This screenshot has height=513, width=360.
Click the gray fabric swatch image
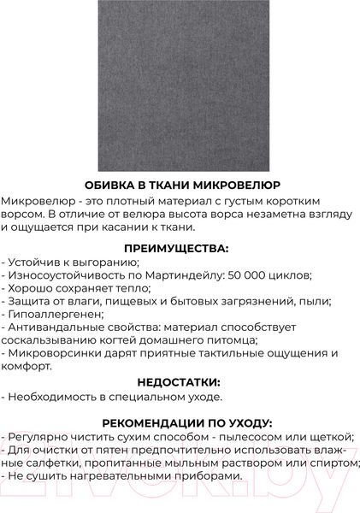[x=180, y=85]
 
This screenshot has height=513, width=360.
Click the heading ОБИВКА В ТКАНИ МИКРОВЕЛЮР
[x=180, y=185]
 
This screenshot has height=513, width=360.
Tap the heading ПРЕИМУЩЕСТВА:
[x=180, y=248]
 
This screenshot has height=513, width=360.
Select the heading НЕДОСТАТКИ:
[x=180, y=382]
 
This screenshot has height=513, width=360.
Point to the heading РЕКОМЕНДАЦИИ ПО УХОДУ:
[x=180, y=422]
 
